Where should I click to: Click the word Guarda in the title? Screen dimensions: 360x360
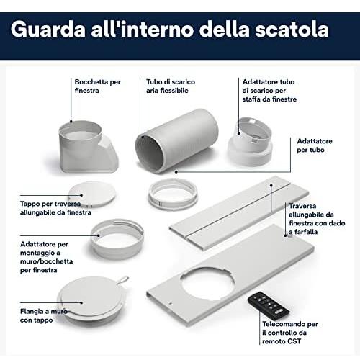(x=48, y=29)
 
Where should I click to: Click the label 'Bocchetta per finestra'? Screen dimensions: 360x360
(x=97, y=86)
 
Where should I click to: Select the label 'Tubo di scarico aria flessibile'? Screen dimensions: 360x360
(x=171, y=86)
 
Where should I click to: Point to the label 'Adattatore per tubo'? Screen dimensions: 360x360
(x=315, y=145)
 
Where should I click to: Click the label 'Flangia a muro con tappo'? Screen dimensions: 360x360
(x=44, y=315)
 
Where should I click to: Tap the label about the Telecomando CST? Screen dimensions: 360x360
(x=290, y=333)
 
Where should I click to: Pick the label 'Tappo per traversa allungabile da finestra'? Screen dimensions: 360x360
(x=55, y=208)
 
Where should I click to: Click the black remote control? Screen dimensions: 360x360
(x=269, y=303)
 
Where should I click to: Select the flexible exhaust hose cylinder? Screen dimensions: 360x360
(x=177, y=140)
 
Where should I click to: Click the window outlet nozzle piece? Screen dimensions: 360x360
(x=89, y=147)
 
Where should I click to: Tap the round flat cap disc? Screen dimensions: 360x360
(x=92, y=194)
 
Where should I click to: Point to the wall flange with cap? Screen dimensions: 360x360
(x=92, y=300)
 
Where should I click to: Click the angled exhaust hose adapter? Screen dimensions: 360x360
(x=250, y=142)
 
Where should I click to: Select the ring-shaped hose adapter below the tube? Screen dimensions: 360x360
(x=173, y=194)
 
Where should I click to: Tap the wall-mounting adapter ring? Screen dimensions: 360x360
(x=117, y=239)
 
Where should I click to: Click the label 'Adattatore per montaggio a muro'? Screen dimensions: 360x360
(x=46, y=257)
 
